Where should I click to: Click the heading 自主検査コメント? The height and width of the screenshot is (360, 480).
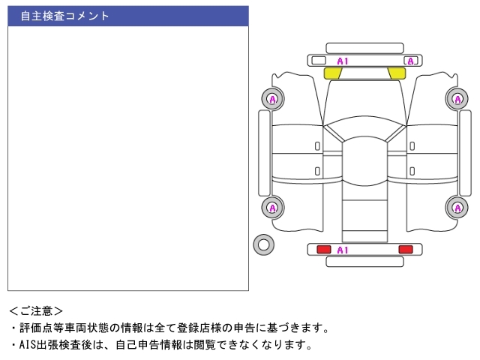(x=64, y=16)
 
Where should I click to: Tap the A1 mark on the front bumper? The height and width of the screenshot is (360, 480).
(x=343, y=61)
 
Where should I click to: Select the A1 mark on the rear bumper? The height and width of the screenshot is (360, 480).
(x=343, y=250)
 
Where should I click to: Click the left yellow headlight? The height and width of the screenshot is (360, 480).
(x=332, y=73)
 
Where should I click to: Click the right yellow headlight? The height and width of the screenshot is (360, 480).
(x=397, y=73)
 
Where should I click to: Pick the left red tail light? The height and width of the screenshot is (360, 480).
(x=323, y=250)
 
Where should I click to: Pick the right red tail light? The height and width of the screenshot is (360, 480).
(x=406, y=250)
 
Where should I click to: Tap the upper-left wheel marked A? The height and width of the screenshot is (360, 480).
(x=273, y=99)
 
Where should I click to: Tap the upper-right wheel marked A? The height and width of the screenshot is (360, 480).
(x=457, y=99)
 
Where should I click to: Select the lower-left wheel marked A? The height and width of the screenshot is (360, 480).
(x=273, y=208)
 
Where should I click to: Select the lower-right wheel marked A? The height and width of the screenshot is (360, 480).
(x=457, y=208)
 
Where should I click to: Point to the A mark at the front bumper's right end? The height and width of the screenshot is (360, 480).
(x=411, y=61)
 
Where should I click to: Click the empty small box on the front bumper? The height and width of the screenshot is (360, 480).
(x=318, y=60)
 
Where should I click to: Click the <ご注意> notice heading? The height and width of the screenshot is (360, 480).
(x=36, y=311)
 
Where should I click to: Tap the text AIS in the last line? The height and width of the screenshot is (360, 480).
(x=28, y=345)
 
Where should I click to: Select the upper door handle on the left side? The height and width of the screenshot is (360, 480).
(x=317, y=146)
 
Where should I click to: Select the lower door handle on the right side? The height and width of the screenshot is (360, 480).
(x=412, y=171)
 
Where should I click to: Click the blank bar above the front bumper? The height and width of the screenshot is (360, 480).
(x=364, y=48)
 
